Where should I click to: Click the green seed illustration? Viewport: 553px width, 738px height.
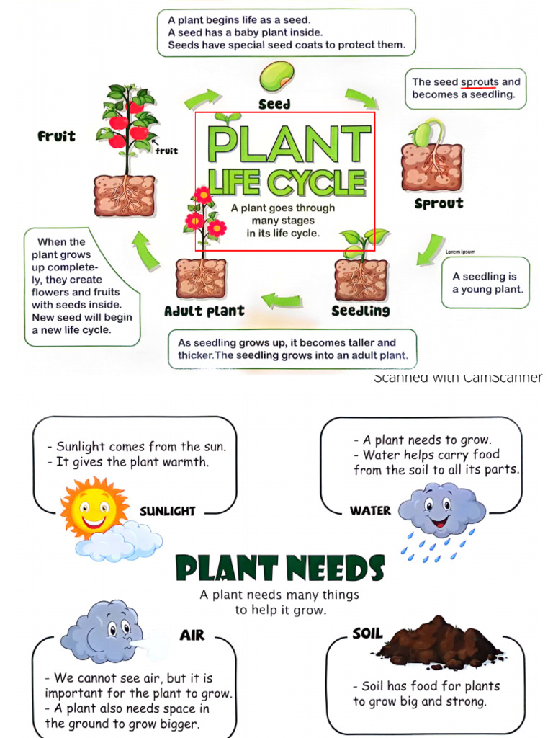(x=276, y=76)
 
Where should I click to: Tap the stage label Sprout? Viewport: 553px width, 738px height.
(x=439, y=203)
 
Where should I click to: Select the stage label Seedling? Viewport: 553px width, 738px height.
(x=360, y=311)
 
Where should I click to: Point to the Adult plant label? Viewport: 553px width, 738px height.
(x=204, y=311)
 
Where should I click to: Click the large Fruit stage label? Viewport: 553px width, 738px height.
(x=56, y=135)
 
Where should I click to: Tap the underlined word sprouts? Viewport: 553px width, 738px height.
(x=480, y=82)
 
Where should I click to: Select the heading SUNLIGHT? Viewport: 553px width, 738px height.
(x=167, y=511)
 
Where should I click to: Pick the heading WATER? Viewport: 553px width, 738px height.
(x=370, y=510)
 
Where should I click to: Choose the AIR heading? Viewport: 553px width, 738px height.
(x=192, y=635)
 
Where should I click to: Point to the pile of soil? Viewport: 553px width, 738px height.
(x=439, y=644)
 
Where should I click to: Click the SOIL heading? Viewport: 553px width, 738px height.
(x=367, y=634)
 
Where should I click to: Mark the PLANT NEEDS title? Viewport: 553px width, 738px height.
(x=280, y=569)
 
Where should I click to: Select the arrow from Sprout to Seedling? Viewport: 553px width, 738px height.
(x=431, y=249)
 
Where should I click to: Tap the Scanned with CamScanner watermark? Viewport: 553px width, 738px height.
(x=458, y=378)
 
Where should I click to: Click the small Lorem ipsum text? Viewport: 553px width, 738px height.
(x=460, y=252)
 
